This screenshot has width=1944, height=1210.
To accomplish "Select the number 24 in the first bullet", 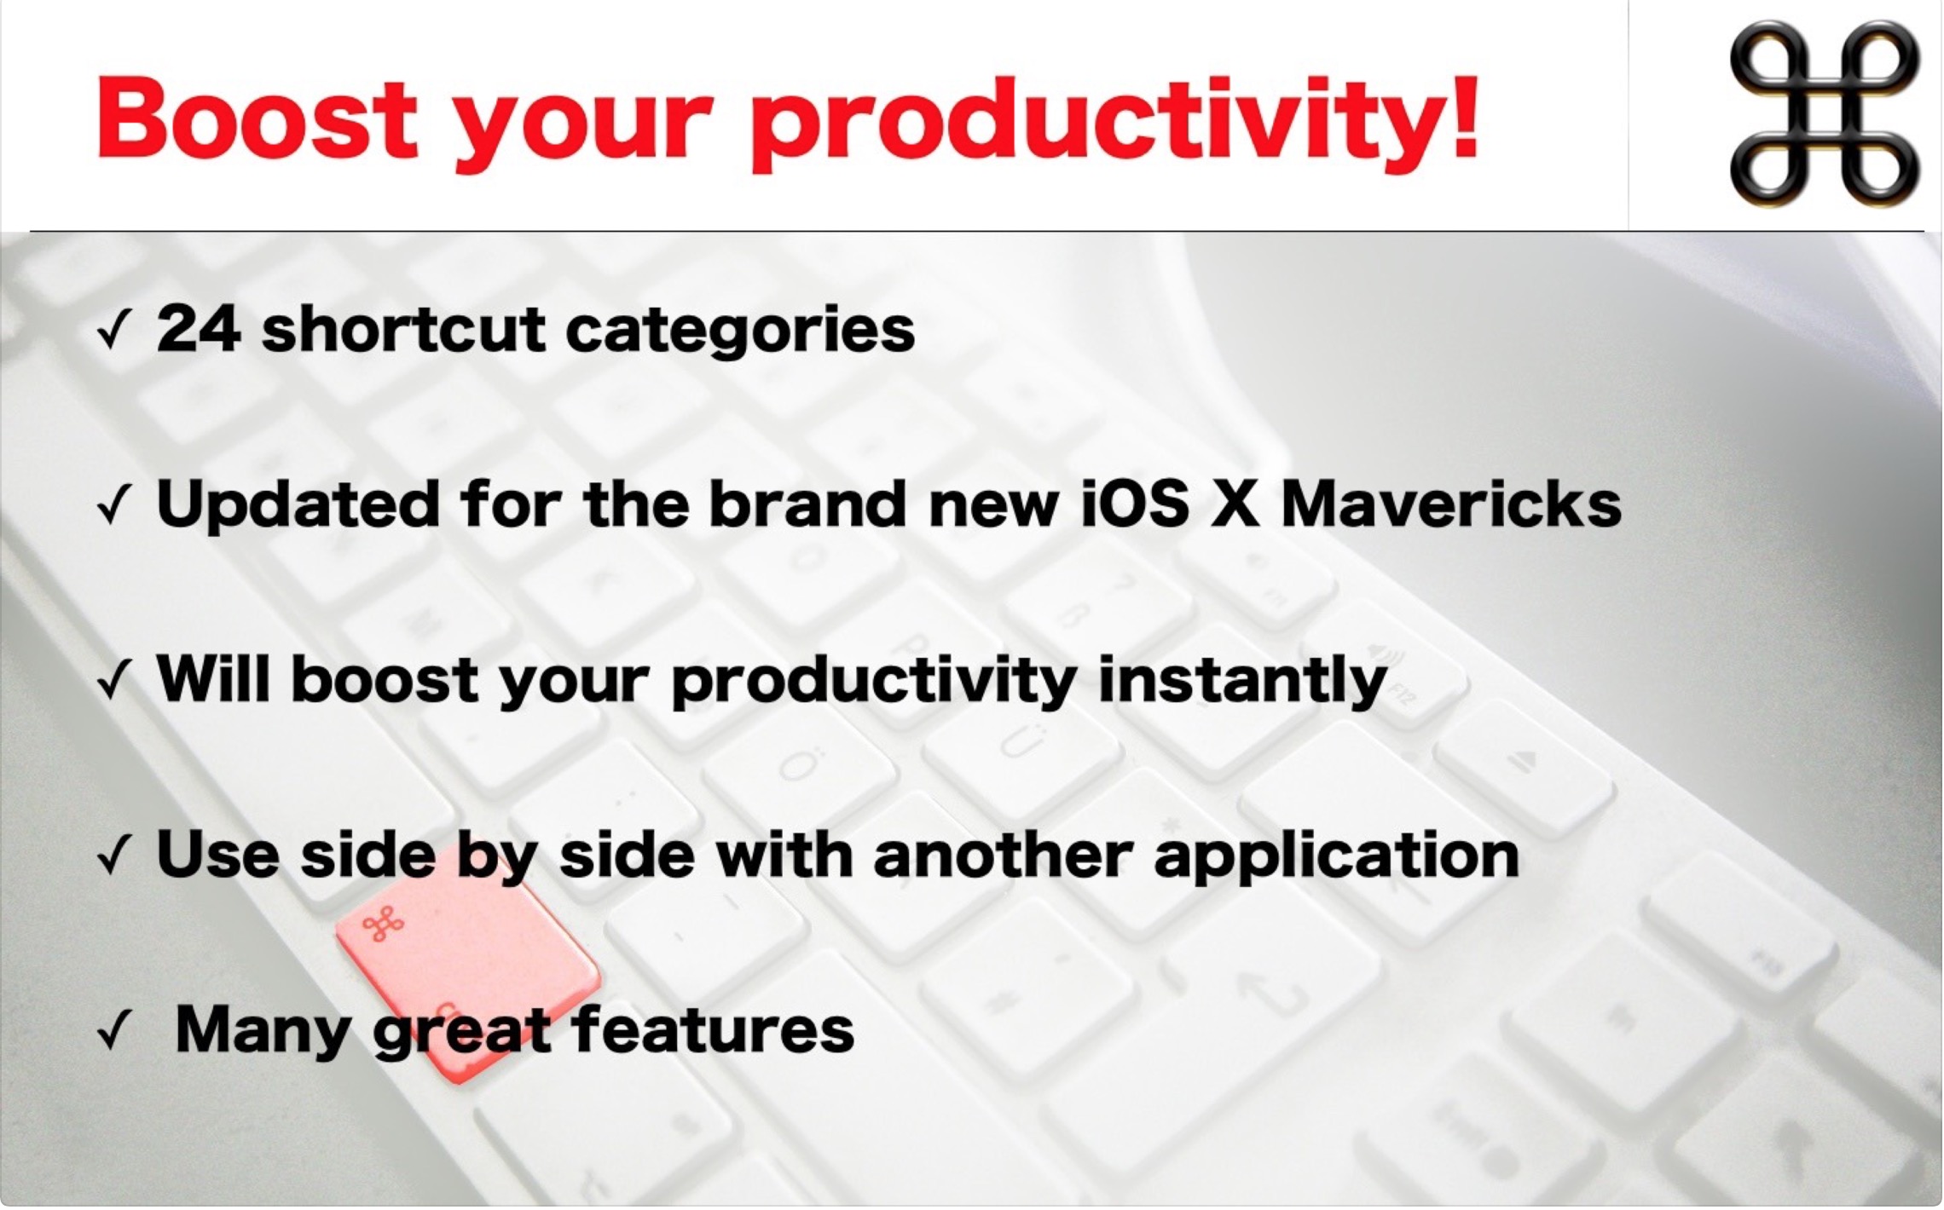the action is tap(198, 330).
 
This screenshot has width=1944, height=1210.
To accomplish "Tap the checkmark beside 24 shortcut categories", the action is tap(113, 333).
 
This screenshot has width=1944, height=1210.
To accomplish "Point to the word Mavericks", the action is tap(1450, 504).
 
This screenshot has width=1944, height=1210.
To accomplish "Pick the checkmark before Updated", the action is tap(113, 509).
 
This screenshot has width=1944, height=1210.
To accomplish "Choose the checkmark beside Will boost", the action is tap(113, 683).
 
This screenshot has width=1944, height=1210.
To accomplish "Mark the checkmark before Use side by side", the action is tap(113, 858).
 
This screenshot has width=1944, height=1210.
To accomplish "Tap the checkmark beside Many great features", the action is tap(113, 1034).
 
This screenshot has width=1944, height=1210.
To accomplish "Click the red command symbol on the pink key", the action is tap(384, 923).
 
